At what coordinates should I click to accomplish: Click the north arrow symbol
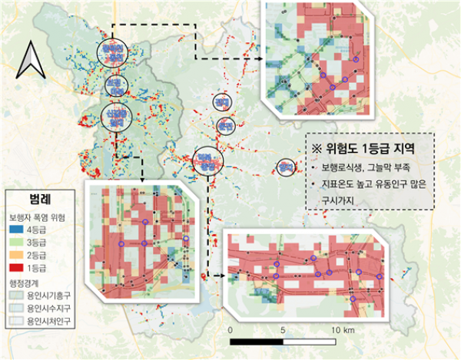coord(32,61)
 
